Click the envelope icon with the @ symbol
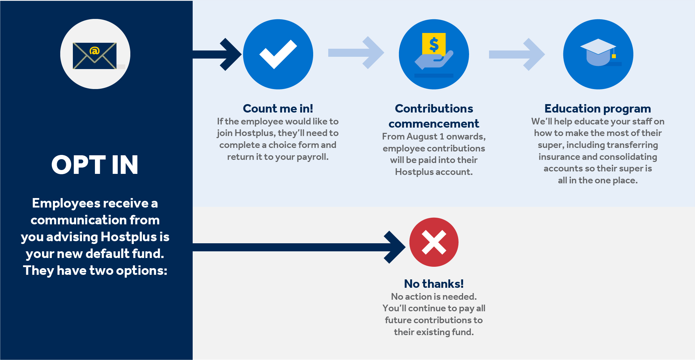point(95,56)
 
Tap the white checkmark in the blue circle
point(278,54)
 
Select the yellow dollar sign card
point(434,44)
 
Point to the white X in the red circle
point(434,242)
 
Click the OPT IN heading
point(95,165)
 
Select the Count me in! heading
point(278,109)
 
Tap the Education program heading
point(598,109)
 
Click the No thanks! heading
point(434,284)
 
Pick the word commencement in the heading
point(434,124)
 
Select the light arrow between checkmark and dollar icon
point(356,53)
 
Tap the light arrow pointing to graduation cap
point(517,54)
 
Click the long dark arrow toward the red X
point(298,247)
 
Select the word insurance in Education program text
point(559,157)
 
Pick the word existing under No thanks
point(434,332)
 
